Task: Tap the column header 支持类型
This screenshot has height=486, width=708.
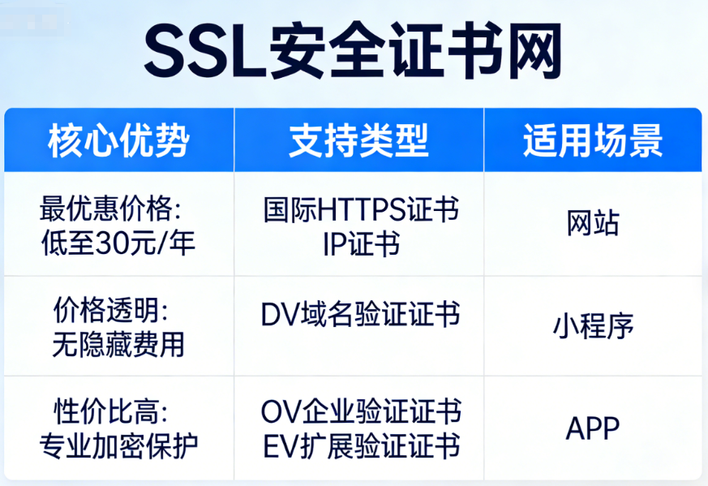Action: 358,140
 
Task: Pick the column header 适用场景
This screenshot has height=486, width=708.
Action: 593,140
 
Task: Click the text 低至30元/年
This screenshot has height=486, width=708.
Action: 118,242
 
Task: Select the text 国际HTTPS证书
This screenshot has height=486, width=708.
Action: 361,210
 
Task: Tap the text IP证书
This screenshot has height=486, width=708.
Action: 361,243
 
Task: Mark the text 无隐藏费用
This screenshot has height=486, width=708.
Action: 118,344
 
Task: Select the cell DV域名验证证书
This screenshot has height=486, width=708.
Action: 361,314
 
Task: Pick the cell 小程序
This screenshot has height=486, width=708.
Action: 593,325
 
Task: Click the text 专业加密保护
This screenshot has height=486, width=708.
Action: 118,445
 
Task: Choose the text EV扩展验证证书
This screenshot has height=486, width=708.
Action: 361,445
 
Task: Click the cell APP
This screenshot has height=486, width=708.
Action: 593,427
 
